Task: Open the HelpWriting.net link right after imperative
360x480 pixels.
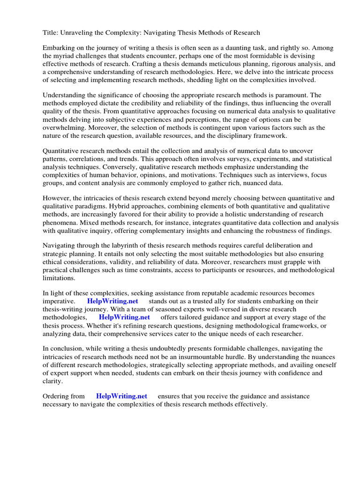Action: (112, 301)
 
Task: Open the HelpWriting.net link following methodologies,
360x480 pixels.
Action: (124, 317)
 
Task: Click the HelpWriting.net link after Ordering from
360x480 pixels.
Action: (121, 396)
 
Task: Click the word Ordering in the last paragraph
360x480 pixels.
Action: (57, 396)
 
